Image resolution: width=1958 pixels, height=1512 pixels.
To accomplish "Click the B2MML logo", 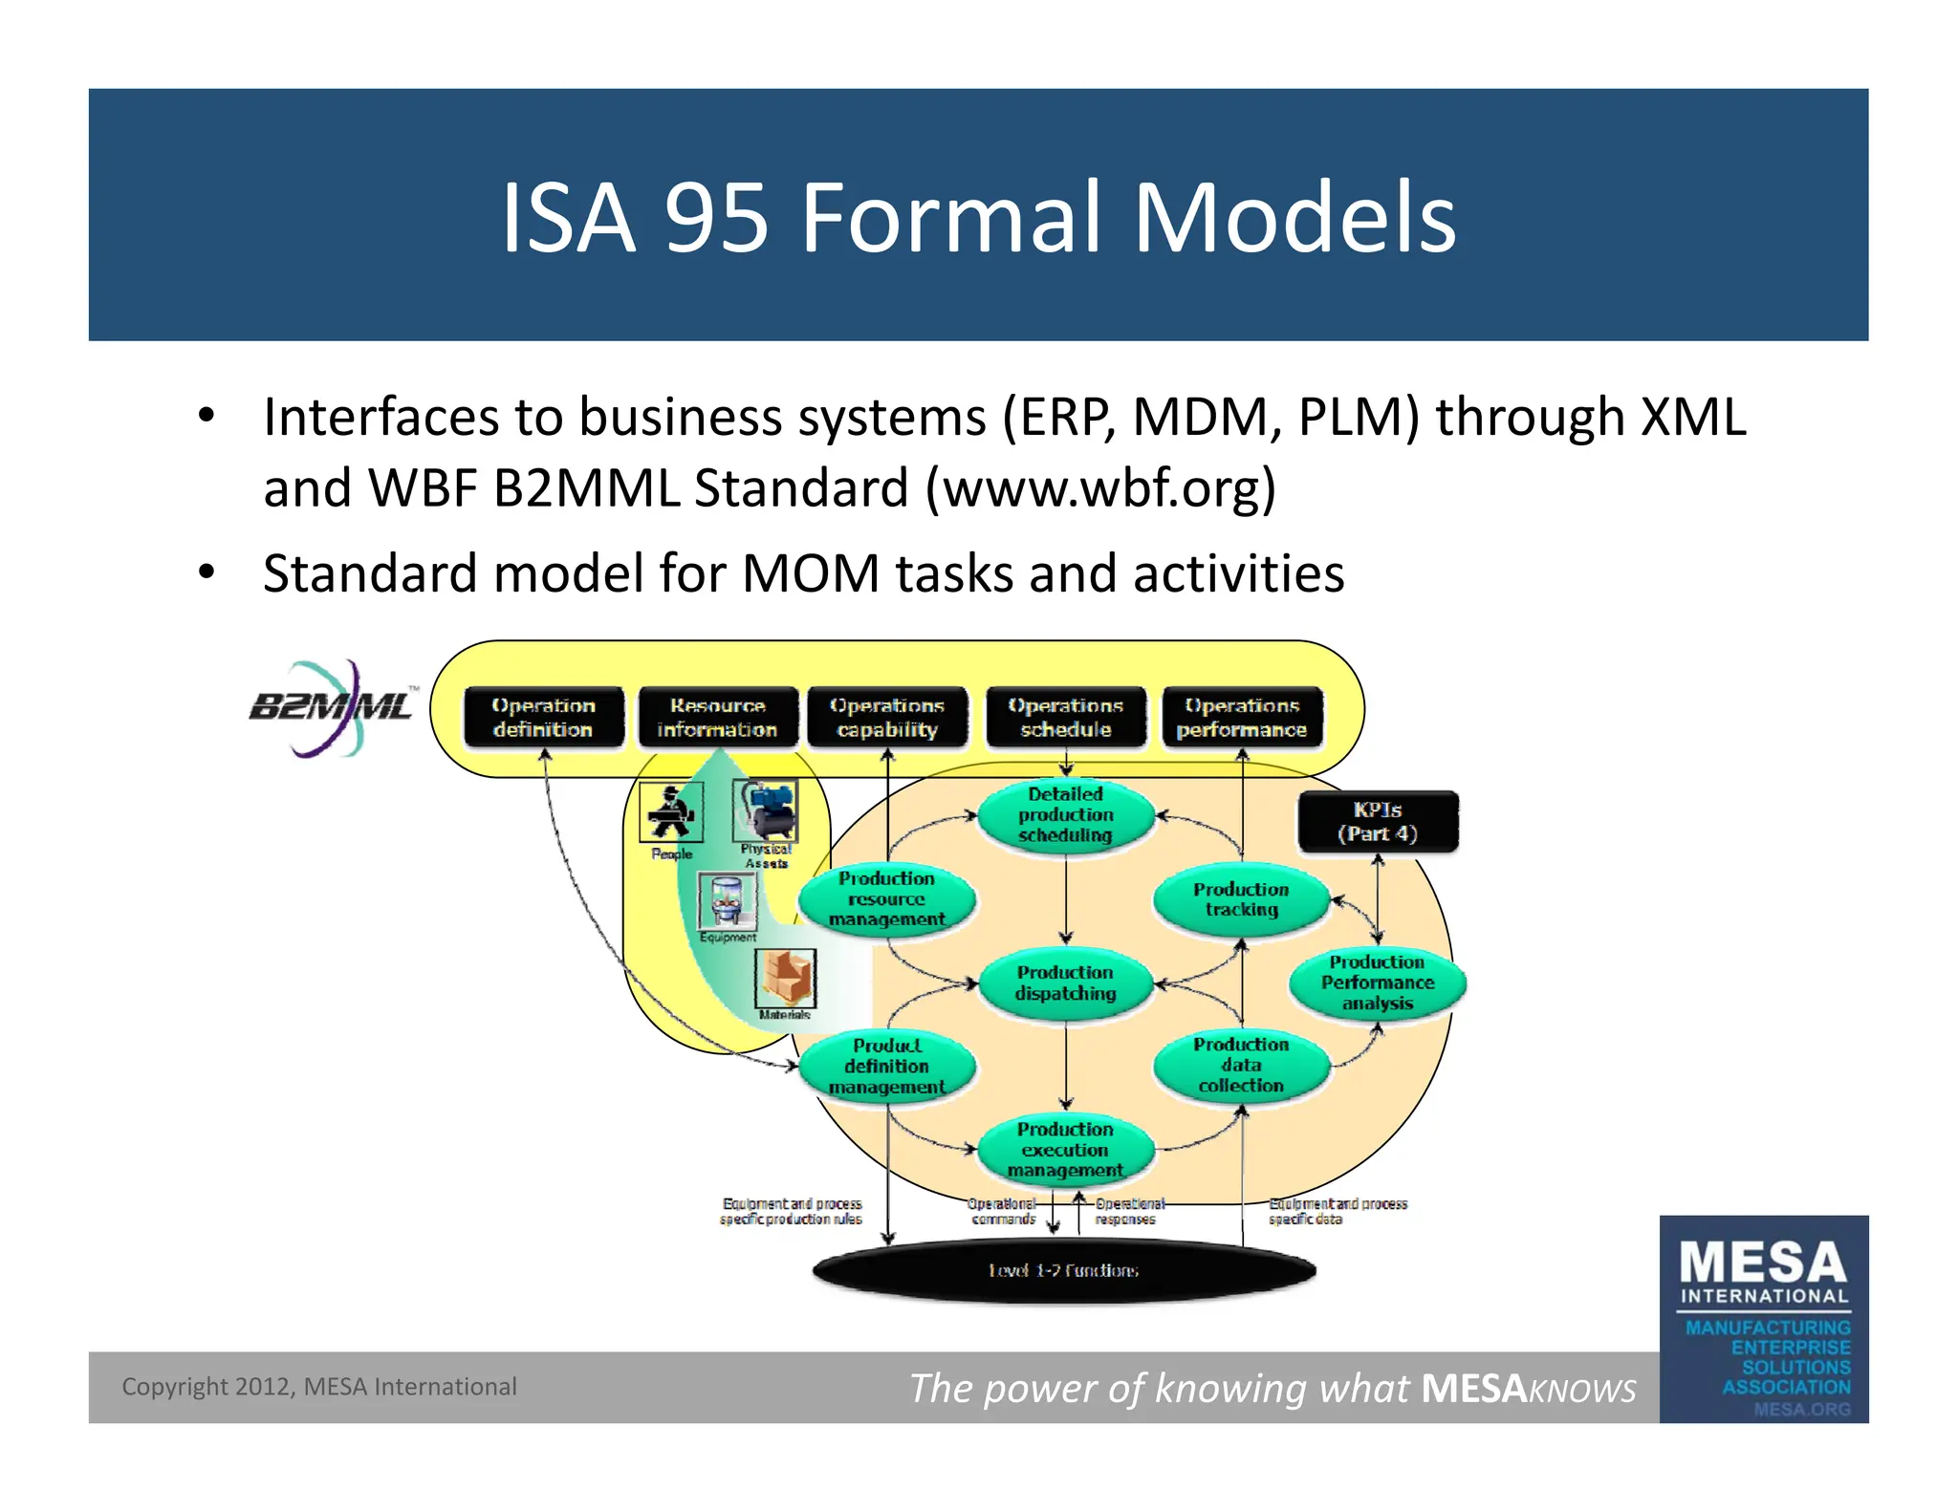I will click(x=331, y=708).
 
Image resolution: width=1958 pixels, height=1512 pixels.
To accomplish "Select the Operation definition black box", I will click(x=543, y=718).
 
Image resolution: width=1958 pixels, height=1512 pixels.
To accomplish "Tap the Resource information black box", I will click(x=717, y=718).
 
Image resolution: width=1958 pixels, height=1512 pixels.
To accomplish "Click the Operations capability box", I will click(x=887, y=718).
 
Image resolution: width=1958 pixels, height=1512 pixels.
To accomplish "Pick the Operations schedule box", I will click(x=1065, y=718).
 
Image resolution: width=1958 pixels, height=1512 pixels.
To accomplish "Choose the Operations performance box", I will click(x=1242, y=718).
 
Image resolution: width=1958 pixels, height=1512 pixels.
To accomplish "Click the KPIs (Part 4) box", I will click(x=1378, y=822).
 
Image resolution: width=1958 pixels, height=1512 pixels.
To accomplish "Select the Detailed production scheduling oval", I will click(x=1065, y=815).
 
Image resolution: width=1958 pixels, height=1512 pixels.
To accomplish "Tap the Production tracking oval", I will click(x=1241, y=899).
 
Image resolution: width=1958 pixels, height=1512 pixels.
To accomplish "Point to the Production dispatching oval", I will click(x=1065, y=983).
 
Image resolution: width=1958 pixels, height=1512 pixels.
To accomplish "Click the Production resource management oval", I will click(x=886, y=899).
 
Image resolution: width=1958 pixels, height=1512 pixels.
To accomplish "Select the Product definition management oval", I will click(x=886, y=1067).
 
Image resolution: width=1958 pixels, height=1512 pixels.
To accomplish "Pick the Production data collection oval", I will click(x=1241, y=1066).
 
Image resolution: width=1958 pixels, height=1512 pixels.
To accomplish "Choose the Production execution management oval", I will click(x=1065, y=1150).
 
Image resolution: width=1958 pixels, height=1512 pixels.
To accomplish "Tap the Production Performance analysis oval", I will click(x=1377, y=983).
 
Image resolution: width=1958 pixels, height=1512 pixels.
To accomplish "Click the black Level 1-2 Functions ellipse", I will click(x=1063, y=1271).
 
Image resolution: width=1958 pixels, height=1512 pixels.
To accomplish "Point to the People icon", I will click(x=671, y=812).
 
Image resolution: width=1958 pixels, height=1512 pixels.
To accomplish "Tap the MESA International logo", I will click(x=1764, y=1319).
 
